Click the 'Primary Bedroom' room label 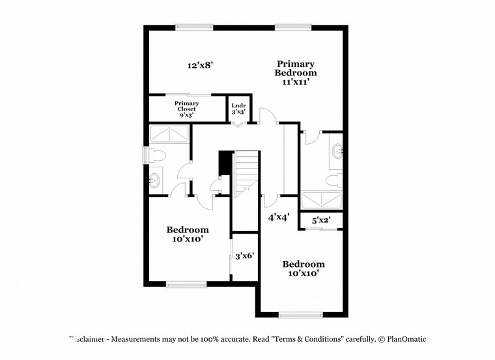coord(296,73)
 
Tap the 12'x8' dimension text coord(201,65)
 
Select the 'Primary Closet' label coord(186,109)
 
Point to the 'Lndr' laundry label coord(238,108)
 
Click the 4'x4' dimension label coord(279,217)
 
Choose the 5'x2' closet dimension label coord(321,221)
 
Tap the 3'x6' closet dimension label coord(244,256)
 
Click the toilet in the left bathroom coord(157,155)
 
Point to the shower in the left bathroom coord(169,135)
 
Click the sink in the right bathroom coord(337,152)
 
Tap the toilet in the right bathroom coord(333,178)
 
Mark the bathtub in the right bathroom coord(322,199)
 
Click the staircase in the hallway coord(246,173)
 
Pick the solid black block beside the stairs coord(225,163)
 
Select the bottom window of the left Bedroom coord(186,283)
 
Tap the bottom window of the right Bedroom coord(300,315)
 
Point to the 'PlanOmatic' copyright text coord(403,339)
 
